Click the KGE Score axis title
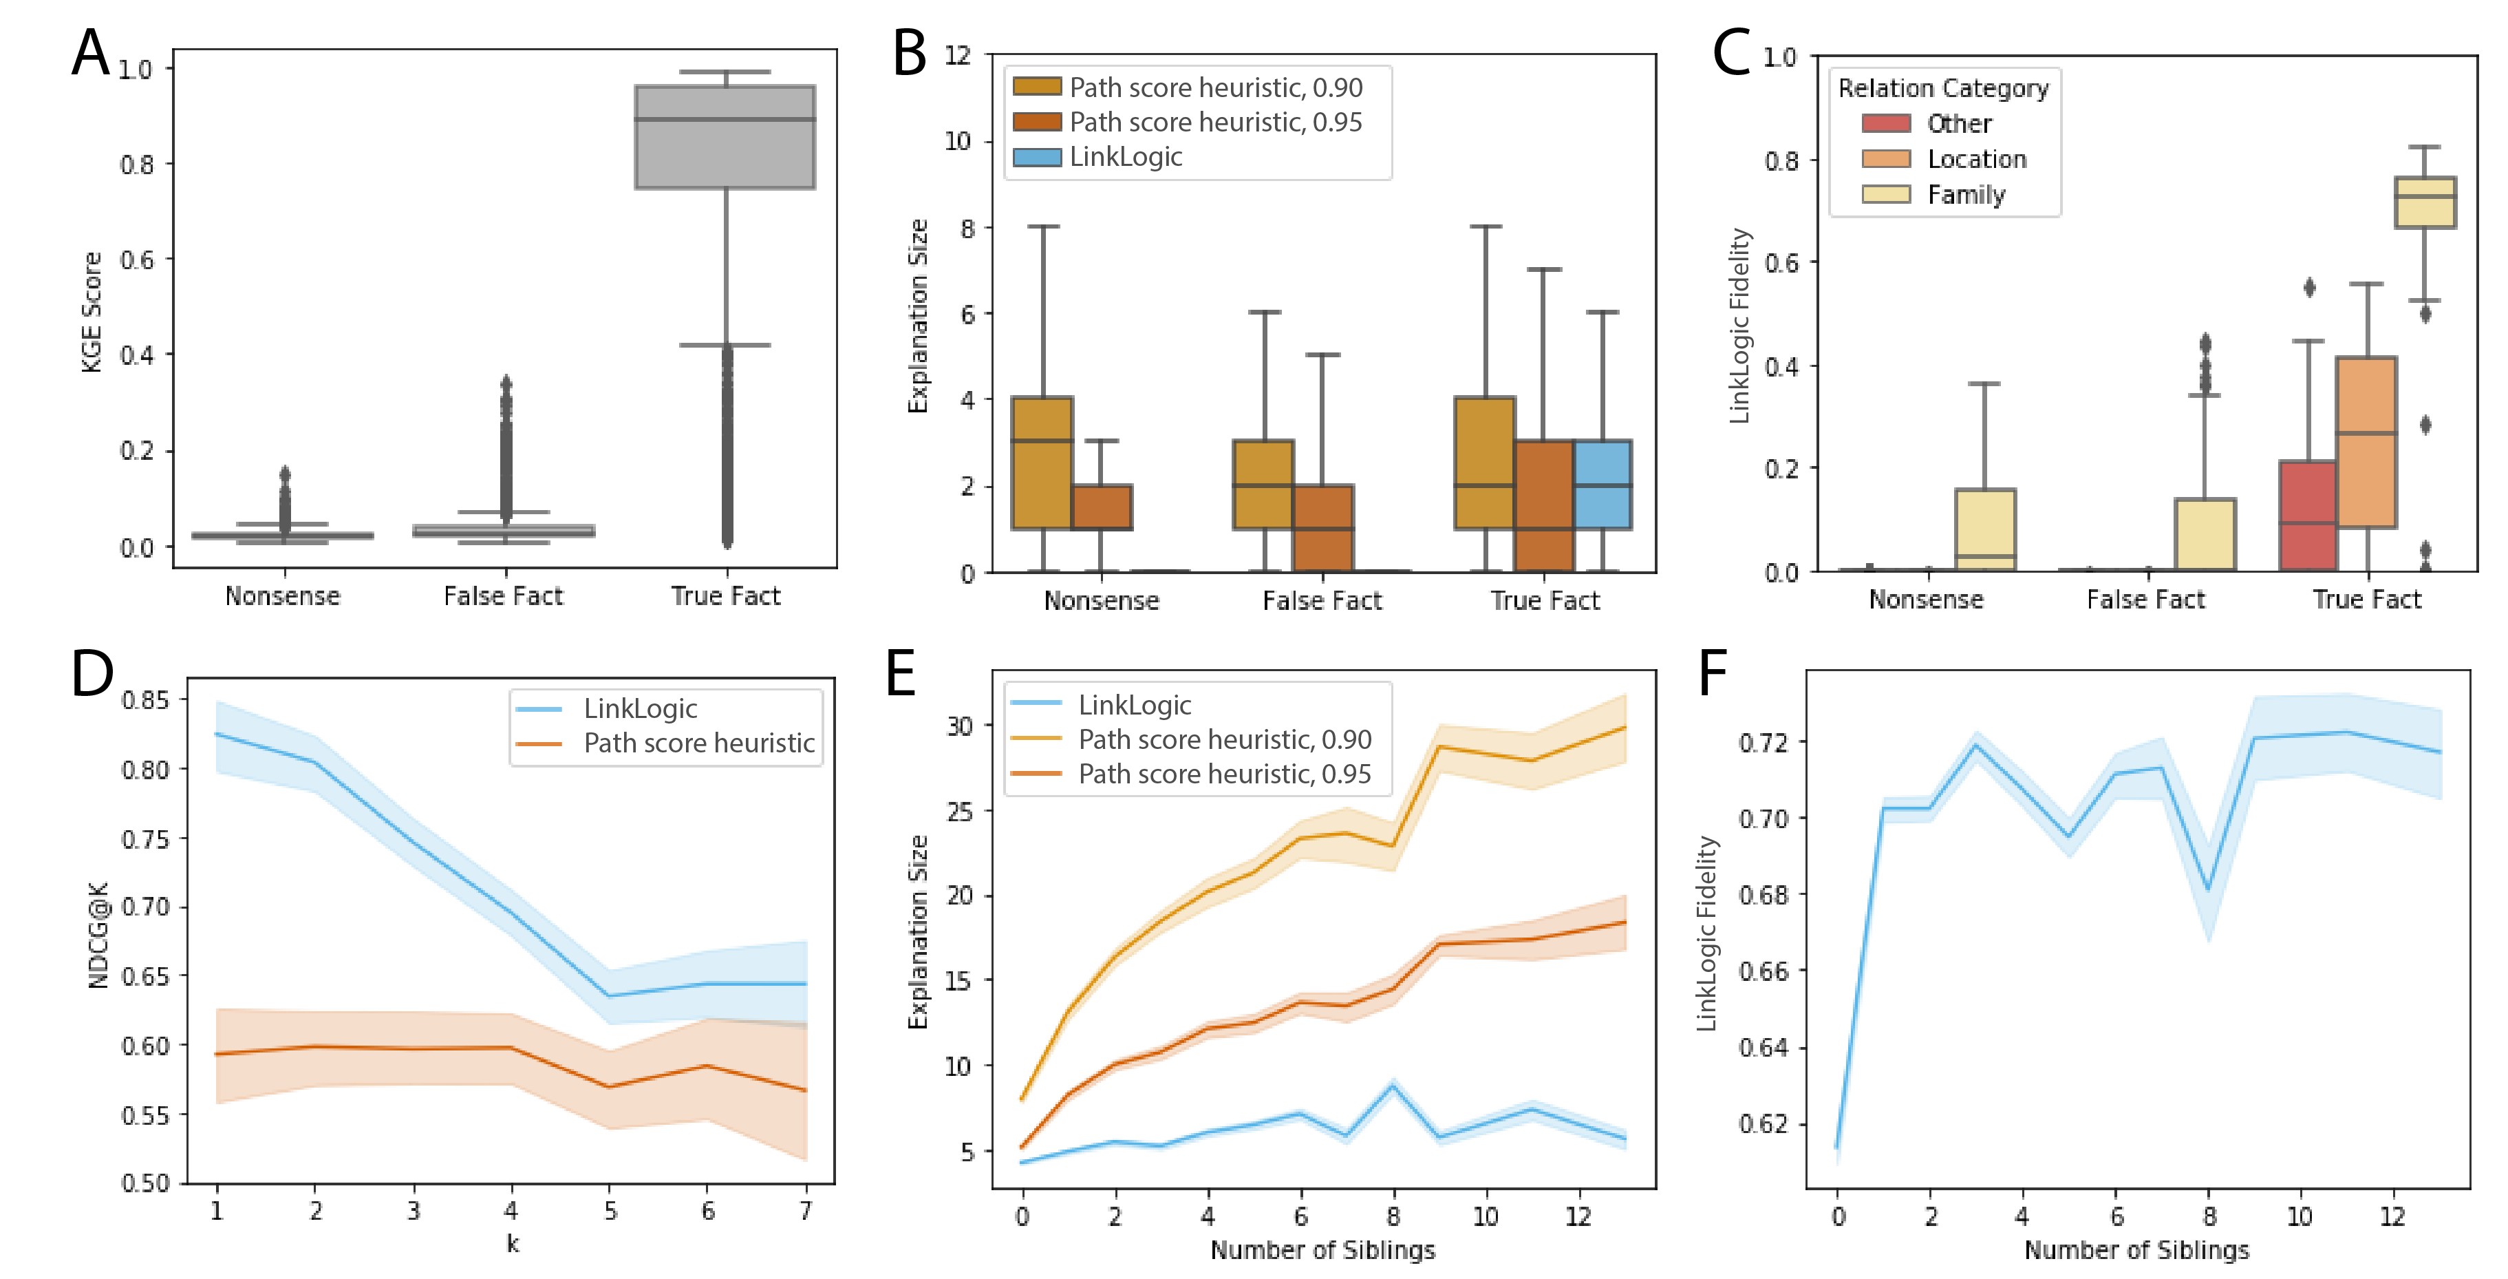coord(92,312)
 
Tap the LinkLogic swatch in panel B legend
coord(1037,158)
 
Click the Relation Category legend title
coord(1943,89)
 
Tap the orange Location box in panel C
coord(2366,442)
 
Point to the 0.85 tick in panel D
coord(145,700)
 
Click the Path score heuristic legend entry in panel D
coord(698,744)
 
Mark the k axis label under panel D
coord(512,1244)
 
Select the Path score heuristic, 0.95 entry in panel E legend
coord(1224,774)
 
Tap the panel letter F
coord(1713,674)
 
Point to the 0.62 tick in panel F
coord(1764,1124)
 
